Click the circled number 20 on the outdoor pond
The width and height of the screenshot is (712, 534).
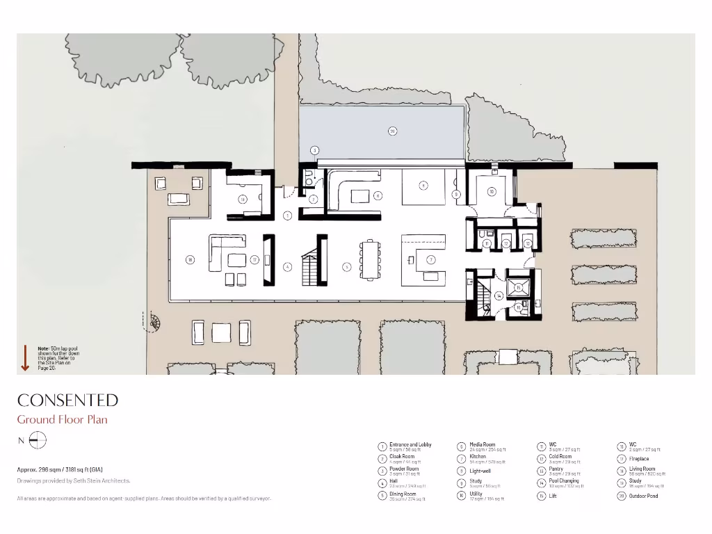(x=392, y=131)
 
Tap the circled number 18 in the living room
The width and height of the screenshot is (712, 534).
(x=189, y=260)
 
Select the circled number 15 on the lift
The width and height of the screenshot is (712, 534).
(x=518, y=287)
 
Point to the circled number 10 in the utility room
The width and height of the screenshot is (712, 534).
(x=491, y=191)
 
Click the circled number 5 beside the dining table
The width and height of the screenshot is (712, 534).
(x=346, y=266)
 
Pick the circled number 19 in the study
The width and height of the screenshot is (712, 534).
(x=243, y=200)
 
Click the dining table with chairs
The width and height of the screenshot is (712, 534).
(x=371, y=259)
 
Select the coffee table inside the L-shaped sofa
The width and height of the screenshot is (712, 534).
(x=238, y=260)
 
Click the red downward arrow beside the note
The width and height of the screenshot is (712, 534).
(x=25, y=356)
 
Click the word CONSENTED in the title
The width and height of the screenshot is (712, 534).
(x=67, y=400)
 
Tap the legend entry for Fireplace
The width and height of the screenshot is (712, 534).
(x=638, y=459)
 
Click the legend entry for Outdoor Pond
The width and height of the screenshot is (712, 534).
(x=642, y=496)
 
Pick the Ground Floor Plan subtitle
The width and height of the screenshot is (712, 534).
(x=62, y=419)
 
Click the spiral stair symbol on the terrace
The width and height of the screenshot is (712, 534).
(x=154, y=322)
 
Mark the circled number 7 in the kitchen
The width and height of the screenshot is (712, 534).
(x=431, y=260)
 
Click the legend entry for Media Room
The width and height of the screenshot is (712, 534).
(x=482, y=446)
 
